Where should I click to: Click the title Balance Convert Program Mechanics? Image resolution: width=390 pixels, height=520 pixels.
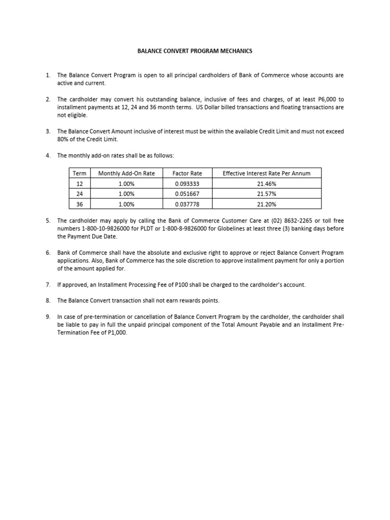coord(195,51)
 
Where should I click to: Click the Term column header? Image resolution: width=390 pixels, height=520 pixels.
coord(80,173)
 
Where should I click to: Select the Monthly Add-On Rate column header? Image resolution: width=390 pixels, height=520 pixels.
coord(126,173)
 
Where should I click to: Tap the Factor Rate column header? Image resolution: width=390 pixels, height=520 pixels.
coord(187,173)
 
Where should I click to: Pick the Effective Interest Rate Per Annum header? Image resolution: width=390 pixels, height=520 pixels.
coord(267,173)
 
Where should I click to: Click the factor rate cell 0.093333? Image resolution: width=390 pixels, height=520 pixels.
coord(187,183)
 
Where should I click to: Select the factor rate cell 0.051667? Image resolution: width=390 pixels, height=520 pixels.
coord(187,193)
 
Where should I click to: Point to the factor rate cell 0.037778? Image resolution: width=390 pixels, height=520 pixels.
coord(187,204)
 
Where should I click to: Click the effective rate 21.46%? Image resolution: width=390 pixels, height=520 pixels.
coord(267,183)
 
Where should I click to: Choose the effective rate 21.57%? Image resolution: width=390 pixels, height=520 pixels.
coord(267,193)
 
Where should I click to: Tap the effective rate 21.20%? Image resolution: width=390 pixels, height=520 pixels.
coord(267,204)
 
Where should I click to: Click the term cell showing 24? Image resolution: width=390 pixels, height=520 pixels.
coord(80,193)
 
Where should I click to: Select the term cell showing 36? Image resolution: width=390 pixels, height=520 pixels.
coord(80,204)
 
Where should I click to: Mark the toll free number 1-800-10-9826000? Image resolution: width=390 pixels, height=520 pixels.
coord(105,229)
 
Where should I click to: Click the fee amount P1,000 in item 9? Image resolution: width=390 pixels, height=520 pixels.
coord(115,333)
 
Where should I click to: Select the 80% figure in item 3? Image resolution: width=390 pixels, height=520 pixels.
coord(63,139)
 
